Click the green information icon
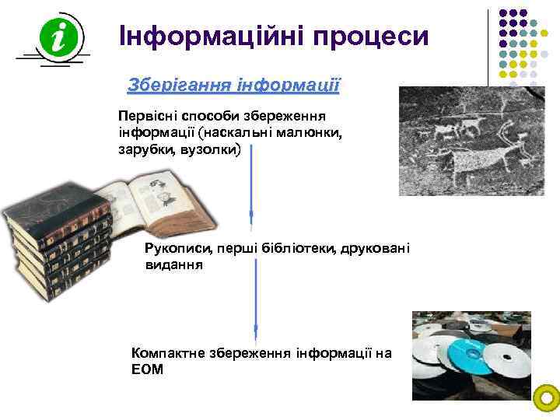pyautogui.click(x=52, y=37)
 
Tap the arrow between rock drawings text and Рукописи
pyautogui.click(x=251, y=183)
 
